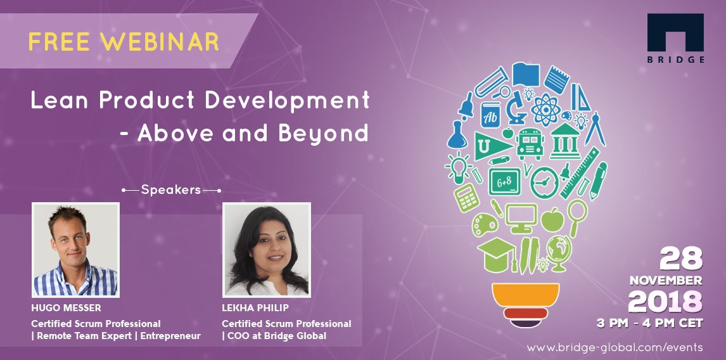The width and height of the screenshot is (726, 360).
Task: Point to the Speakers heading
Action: click(x=171, y=190)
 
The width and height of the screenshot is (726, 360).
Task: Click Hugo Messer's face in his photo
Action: click(x=73, y=238)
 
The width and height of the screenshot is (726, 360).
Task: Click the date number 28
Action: click(x=682, y=259)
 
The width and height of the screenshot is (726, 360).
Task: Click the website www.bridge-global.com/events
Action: click(x=615, y=347)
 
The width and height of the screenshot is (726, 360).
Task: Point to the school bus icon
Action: click(x=530, y=144)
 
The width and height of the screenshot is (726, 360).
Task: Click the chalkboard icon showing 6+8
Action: click(x=505, y=182)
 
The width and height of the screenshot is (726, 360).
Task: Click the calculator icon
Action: click(x=466, y=198)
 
